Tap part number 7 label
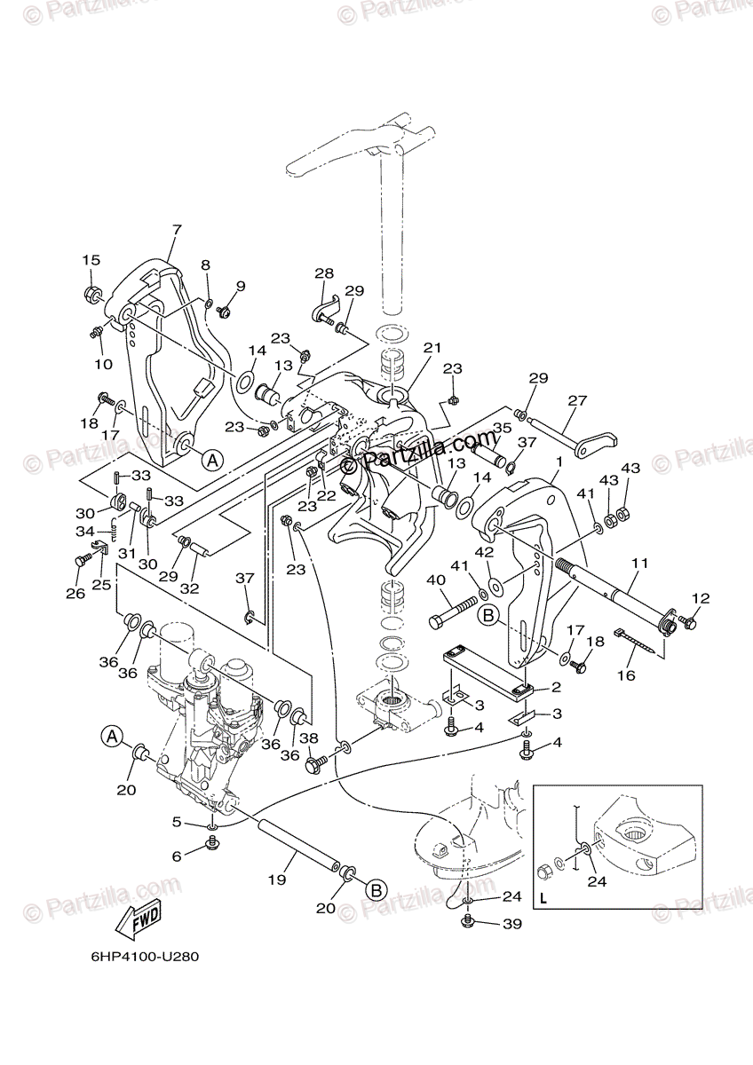click(176, 231)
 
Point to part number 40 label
click(437, 581)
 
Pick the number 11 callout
click(640, 564)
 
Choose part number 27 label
click(577, 400)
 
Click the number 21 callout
click(432, 348)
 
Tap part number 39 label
click(512, 924)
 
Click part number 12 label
click(701, 599)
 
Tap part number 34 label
click(83, 532)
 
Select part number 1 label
click(559, 462)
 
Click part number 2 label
click(556, 688)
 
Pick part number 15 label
click(91, 260)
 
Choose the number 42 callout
click(486, 551)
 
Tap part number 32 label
click(189, 588)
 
